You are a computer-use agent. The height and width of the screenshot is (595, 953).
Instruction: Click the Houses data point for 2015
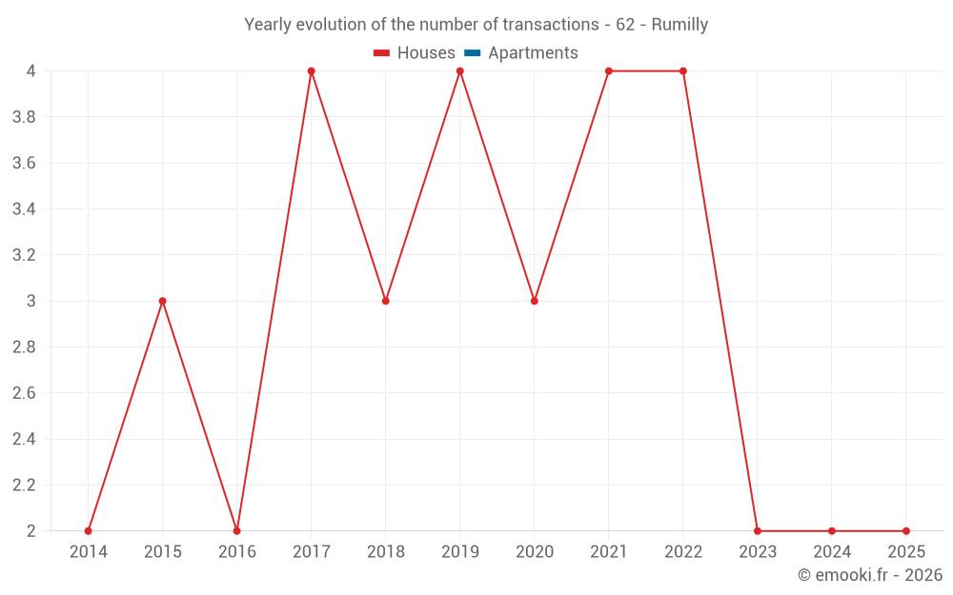162,301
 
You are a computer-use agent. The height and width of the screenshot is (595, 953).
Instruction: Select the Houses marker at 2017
312,71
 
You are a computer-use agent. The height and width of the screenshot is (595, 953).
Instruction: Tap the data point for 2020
535,301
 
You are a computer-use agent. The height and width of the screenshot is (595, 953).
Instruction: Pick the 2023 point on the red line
758,531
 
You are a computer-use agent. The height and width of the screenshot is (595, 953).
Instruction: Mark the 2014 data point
89,531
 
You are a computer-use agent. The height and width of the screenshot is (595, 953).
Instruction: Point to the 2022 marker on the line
683,71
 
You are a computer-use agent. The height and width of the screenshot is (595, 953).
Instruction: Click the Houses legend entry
415,53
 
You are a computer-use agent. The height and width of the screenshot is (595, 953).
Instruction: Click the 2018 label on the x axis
386,552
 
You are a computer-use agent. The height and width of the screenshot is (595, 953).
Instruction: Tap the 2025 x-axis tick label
906,552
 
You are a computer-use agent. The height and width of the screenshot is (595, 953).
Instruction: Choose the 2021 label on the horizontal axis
609,552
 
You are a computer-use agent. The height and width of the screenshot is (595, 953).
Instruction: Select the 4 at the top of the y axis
31,71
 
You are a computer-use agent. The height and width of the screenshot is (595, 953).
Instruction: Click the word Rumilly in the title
679,25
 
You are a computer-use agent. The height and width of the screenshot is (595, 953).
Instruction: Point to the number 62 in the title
625,25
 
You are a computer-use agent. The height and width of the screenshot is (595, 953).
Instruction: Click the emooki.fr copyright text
870,575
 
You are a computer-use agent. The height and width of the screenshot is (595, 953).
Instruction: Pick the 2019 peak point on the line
460,71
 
